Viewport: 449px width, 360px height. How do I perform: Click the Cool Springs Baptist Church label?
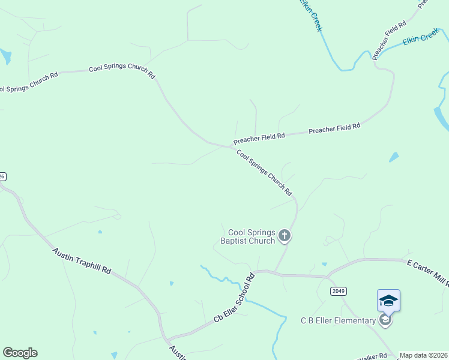pyautogui.click(x=252, y=236)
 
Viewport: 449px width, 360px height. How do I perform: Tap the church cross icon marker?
pyautogui.click(x=285, y=236)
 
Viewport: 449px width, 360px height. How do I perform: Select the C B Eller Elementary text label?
pyautogui.click(x=338, y=320)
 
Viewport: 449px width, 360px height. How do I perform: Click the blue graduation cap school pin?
pyautogui.click(x=388, y=299)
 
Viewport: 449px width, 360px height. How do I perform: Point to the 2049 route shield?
pyautogui.click(x=338, y=291)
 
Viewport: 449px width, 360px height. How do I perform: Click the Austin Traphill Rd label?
pyautogui.click(x=82, y=261)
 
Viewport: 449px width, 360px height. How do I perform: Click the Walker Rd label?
pyautogui.click(x=373, y=356)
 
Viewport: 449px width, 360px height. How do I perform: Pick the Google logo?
pyautogui.click(x=20, y=353)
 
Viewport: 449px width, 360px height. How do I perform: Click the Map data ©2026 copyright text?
pyautogui.click(x=423, y=355)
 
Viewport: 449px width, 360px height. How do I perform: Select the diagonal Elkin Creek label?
pyautogui.click(x=311, y=15)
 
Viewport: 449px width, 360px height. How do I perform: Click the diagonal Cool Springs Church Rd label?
pyautogui.click(x=264, y=172)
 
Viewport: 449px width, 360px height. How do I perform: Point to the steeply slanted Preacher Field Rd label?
pyautogui.click(x=389, y=40)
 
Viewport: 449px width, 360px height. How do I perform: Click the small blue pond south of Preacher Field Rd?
pyautogui.click(x=394, y=157)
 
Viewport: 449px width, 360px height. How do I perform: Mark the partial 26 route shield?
pyautogui.click(x=2, y=176)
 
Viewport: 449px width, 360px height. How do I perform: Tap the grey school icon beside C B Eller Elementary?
pyautogui.click(x=386, y=320)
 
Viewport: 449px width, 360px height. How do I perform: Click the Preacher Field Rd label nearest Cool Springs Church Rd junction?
pyautogui.click(x=259, y=137)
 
